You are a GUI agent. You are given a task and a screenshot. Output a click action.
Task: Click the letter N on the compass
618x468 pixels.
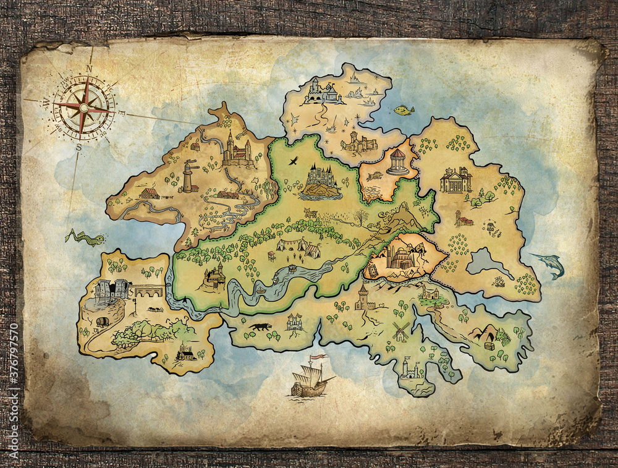click(x=90, y=69)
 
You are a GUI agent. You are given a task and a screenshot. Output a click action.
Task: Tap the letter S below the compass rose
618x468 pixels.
click(x=78, y=147)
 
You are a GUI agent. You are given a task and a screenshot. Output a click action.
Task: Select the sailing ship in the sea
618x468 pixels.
click(x=311, y=378)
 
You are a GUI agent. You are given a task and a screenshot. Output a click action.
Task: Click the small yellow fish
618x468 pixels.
click(x=404, y=111)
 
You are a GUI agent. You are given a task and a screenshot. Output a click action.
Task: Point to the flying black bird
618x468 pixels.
click(x=293, y=160)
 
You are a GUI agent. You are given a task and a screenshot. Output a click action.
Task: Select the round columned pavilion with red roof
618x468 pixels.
click(x=397, y=162)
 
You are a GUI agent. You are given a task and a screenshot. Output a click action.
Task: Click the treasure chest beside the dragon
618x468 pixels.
click(x=489, y=345)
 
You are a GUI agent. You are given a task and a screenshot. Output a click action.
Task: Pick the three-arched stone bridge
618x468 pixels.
click(x=148, y=291)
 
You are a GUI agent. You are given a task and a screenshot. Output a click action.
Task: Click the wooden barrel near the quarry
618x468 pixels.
click(x=101, y=322)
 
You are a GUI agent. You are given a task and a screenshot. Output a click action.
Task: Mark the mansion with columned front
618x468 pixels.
click(x=455, y=180)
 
